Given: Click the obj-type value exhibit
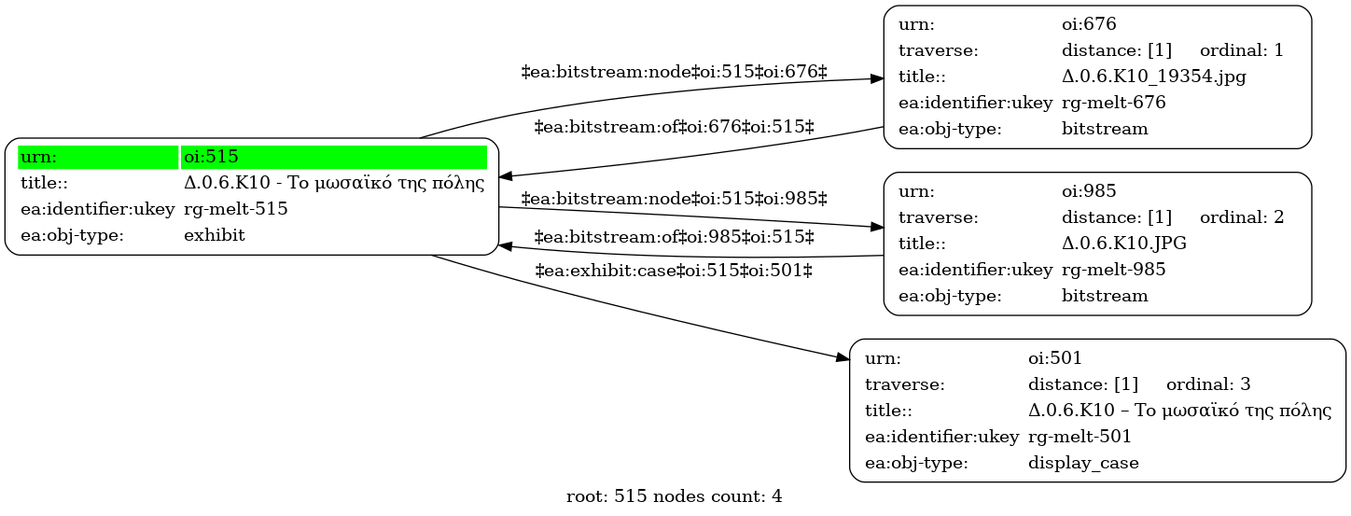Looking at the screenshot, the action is [x=214, y=235].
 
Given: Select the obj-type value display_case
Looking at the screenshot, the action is [x=1083, y=463].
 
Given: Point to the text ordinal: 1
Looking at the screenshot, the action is [x=1241, y=50].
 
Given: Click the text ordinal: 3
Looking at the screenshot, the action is [x=1208, y=384].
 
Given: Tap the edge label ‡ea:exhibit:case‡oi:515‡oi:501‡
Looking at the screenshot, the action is [x=674, y=271].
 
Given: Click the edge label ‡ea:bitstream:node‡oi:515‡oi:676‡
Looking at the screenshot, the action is [x=674, y=72].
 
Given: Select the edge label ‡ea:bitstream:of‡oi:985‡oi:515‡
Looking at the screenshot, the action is [x=674, y=237].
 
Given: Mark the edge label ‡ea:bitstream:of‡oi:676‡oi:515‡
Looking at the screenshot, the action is [x=674, y=127].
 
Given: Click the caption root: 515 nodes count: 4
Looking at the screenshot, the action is [x=674, y=496].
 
